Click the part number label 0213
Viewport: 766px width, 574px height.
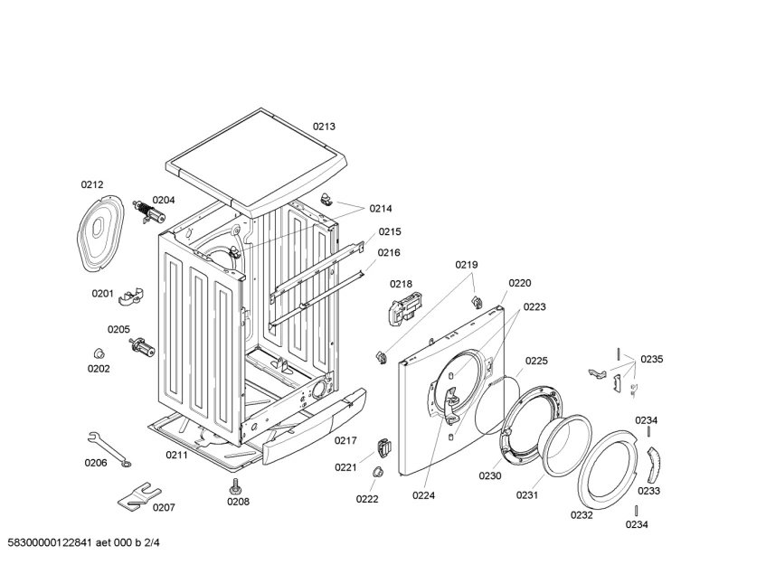click(x=325, y=127)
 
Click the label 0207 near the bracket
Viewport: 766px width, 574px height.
click(x=164, y=507)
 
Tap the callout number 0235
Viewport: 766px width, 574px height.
click(x=652, y=359)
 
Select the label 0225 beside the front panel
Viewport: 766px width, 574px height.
click(x=536, y=361)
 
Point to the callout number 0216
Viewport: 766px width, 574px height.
click(x=389, y=252)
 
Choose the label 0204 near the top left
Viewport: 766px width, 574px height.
click(x=164, y=200)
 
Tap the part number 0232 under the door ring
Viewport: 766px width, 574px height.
click(x=582, y=514)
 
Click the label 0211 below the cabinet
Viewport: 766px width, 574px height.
click(x=176, y=455)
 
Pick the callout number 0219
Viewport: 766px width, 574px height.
click(x=467, y=265)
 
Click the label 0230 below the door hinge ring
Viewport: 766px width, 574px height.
click(x=490, y=475)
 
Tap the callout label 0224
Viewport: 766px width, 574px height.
click(x=424, y=494)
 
